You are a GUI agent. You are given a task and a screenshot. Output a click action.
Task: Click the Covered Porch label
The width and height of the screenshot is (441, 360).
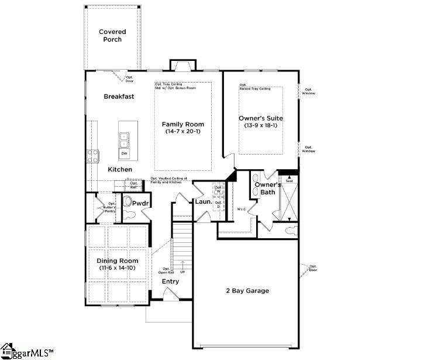[x=112, y=36]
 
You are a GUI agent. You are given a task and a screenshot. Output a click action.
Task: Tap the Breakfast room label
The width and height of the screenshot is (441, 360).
[x=119, y=97]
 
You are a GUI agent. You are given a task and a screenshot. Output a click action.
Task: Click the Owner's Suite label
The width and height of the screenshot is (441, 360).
[x=261, y=118]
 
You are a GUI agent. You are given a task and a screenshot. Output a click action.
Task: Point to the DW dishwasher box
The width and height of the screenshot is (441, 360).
[x=124, y=154]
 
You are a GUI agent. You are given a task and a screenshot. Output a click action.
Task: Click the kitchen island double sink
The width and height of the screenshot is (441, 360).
[x=124, y=140]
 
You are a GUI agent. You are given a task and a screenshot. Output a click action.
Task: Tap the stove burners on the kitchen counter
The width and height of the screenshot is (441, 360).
[x=93, y=156]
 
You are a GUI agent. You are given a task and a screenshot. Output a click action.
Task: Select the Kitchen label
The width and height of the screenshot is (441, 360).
[x=120, y=170]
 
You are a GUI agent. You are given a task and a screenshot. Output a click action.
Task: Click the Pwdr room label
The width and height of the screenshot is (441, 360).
[x=141, y=203]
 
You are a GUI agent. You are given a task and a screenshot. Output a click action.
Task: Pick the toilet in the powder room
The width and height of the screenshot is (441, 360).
[x=129, y=203]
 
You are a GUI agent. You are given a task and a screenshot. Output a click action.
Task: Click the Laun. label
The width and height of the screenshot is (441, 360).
[x=203, y=203]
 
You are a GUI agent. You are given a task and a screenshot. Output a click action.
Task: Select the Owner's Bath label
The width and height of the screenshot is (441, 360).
[x=264, y=188]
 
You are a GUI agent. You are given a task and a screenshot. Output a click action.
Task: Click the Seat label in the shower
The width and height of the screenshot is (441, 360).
[x=288, y=181]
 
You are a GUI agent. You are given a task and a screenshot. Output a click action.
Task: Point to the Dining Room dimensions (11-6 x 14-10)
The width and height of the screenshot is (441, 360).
[x=118, y=268]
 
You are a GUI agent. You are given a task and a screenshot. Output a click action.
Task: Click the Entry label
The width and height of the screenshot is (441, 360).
[x=170, y=282]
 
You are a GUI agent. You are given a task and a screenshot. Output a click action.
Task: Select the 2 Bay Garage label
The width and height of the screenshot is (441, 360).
[x=247, y=291]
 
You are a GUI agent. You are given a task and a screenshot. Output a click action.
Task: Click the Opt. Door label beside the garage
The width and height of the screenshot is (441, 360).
[x=313, y=268]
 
